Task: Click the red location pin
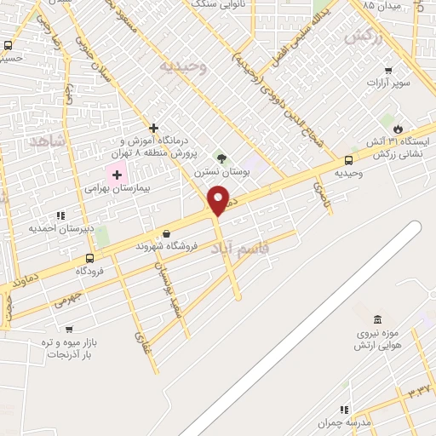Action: pos(219,200)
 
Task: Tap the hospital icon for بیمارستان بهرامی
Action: pos(117,174)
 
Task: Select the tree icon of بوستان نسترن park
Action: pos(221,158)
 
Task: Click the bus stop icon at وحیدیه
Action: pos(348,159)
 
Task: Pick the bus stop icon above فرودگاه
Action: pos(90,258)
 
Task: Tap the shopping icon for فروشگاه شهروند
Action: pos(166,232)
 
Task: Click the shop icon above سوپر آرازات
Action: pos(388,71)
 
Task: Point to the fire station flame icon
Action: pos(397,126)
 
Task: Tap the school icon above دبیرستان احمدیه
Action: pos(60,215)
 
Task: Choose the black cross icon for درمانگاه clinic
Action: pos(153,128)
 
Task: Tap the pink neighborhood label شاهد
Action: pos(46,141)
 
